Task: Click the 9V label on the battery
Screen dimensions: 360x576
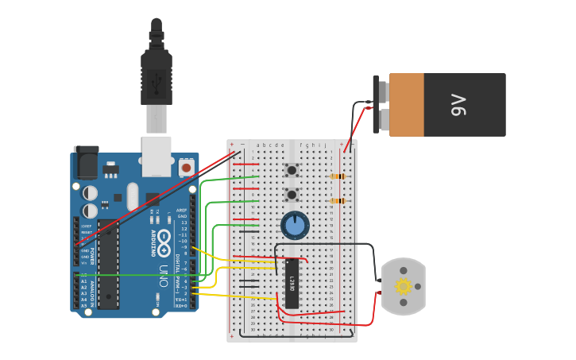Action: coord(458,104)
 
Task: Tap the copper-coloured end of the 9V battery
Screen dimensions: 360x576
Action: coord(406,104)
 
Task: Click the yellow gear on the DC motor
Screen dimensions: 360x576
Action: coord(404,286)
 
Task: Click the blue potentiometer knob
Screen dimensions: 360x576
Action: coord(295,225)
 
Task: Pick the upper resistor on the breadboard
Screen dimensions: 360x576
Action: coord(338,176)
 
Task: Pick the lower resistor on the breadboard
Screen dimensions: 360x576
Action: coord(338,201)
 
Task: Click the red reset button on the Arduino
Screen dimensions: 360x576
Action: coord(186,168)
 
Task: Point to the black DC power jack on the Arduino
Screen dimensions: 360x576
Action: coord(86,164)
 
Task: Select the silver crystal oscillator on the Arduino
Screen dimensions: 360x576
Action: coord(133,195)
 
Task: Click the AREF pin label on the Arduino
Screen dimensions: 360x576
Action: coord(181,210)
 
